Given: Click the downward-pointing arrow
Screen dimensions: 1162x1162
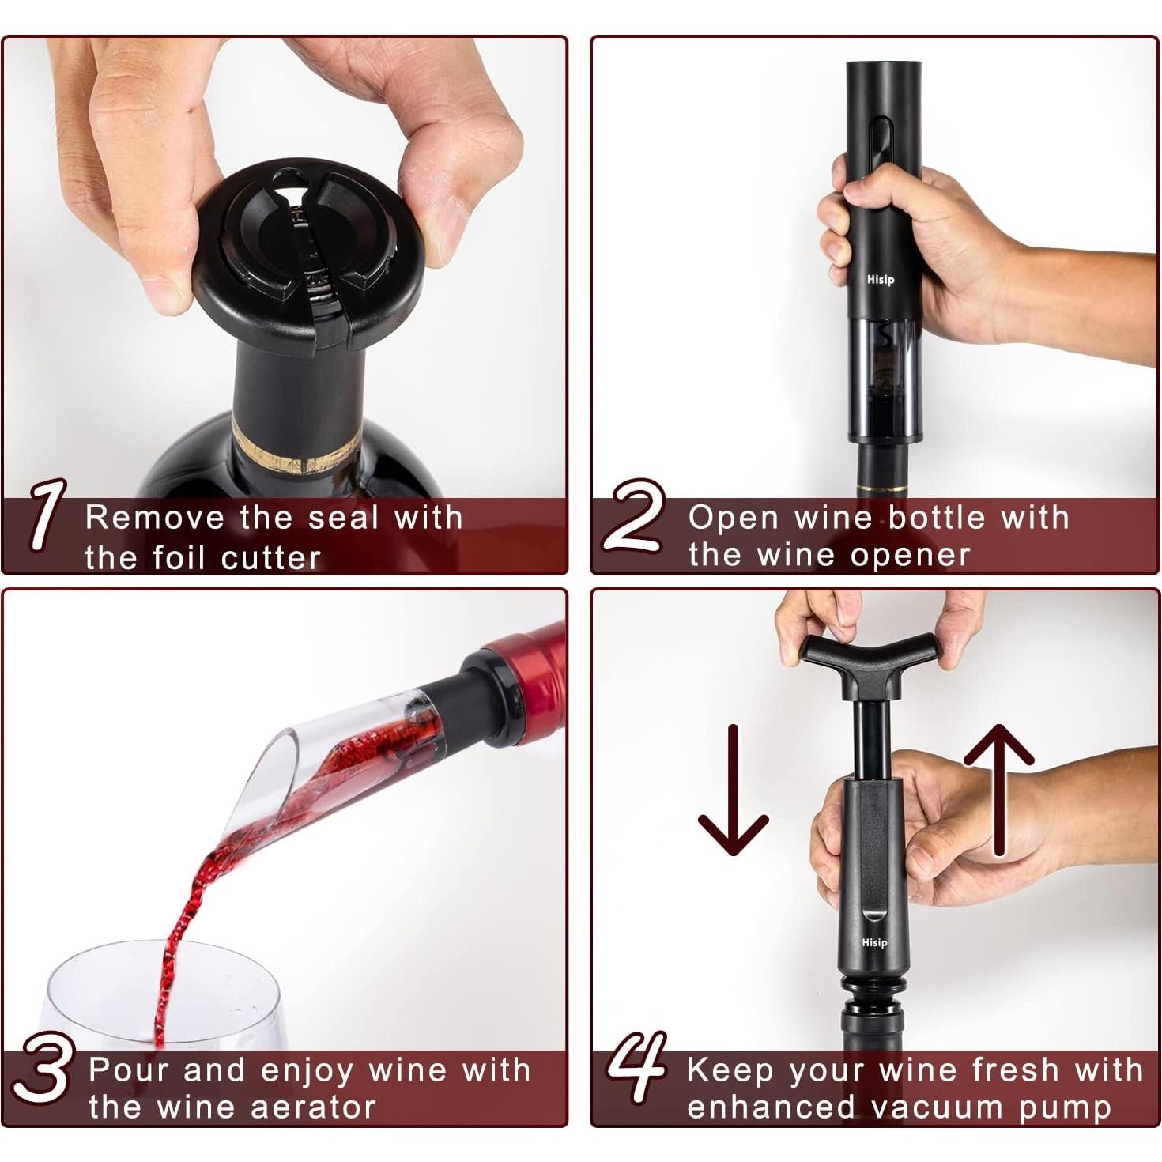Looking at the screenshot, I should pos(733,790).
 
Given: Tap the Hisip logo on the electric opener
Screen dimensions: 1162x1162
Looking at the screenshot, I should pos(880,279).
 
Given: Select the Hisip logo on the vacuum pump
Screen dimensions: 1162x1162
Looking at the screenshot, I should pos(874,942).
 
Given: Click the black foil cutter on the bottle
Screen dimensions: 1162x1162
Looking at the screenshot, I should pos(308,253).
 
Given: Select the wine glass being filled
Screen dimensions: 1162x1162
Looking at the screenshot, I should pos(158,996).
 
